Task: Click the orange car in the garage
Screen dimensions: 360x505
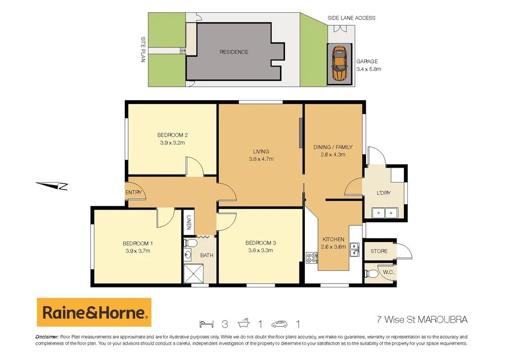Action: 339,64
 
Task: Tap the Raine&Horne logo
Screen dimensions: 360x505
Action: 94,312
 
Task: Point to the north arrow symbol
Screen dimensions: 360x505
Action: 52,185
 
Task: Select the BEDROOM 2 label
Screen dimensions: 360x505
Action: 172,135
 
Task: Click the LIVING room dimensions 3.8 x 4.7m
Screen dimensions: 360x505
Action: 261,159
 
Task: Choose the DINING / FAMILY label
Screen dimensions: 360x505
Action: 332,147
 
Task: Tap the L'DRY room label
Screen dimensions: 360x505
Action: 383,193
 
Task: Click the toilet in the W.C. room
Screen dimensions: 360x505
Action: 376,272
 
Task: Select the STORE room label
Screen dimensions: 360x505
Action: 379,251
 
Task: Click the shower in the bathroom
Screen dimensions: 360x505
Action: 193,272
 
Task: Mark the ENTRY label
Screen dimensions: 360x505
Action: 134,192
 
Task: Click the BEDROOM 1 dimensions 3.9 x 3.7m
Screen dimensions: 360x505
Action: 137,251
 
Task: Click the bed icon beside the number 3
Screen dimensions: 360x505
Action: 207,324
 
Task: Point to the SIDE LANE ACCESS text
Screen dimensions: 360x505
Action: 351,18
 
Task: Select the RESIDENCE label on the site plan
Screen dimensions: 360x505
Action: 234,52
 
